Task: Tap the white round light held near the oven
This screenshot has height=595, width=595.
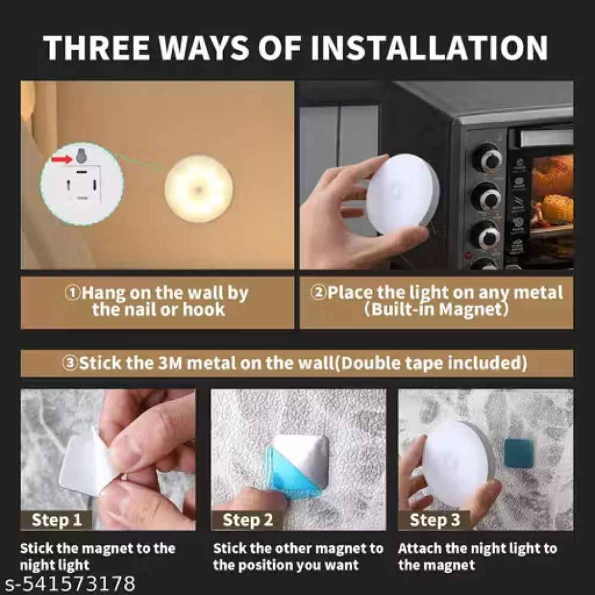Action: (402, 193)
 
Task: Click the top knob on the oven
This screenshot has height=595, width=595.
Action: (487, 158)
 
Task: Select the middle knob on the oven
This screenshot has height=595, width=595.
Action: (487, 196)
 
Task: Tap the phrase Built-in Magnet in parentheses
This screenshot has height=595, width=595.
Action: (437, 309)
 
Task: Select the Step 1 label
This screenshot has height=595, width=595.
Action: (57, 520)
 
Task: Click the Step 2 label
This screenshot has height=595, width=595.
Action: (248, 520)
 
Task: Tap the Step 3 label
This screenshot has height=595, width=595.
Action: (435, 520)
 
